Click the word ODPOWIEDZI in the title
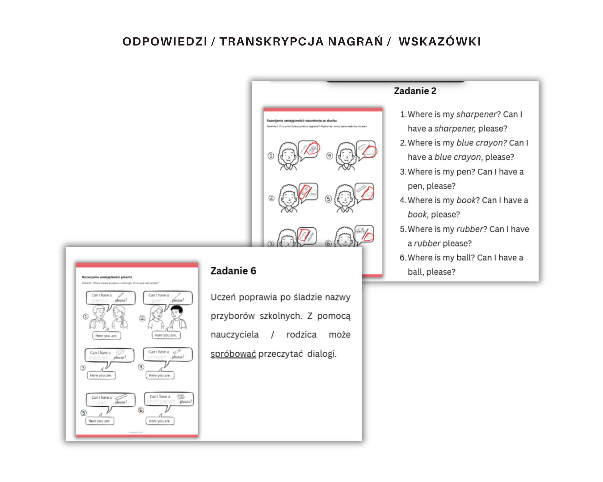tap(165, 42)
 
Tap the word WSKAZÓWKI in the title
tap(440, 42)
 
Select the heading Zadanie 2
tap(415, 91)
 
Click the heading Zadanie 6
tap(233, 271)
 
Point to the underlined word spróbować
tap(233, 354)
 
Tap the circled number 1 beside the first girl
tap(271, 156)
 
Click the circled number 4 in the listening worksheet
tap(330, 156)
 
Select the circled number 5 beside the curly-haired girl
tap(328, 199)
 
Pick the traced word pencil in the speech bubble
tap(100, 301)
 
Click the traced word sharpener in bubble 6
tap(161, 402)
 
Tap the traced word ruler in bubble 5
tap(99, 402)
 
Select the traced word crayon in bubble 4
tap(157, 357)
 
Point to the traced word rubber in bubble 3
tap(98, 358)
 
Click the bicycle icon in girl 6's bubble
tap(360, 231)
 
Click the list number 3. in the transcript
tap(403, 172)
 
